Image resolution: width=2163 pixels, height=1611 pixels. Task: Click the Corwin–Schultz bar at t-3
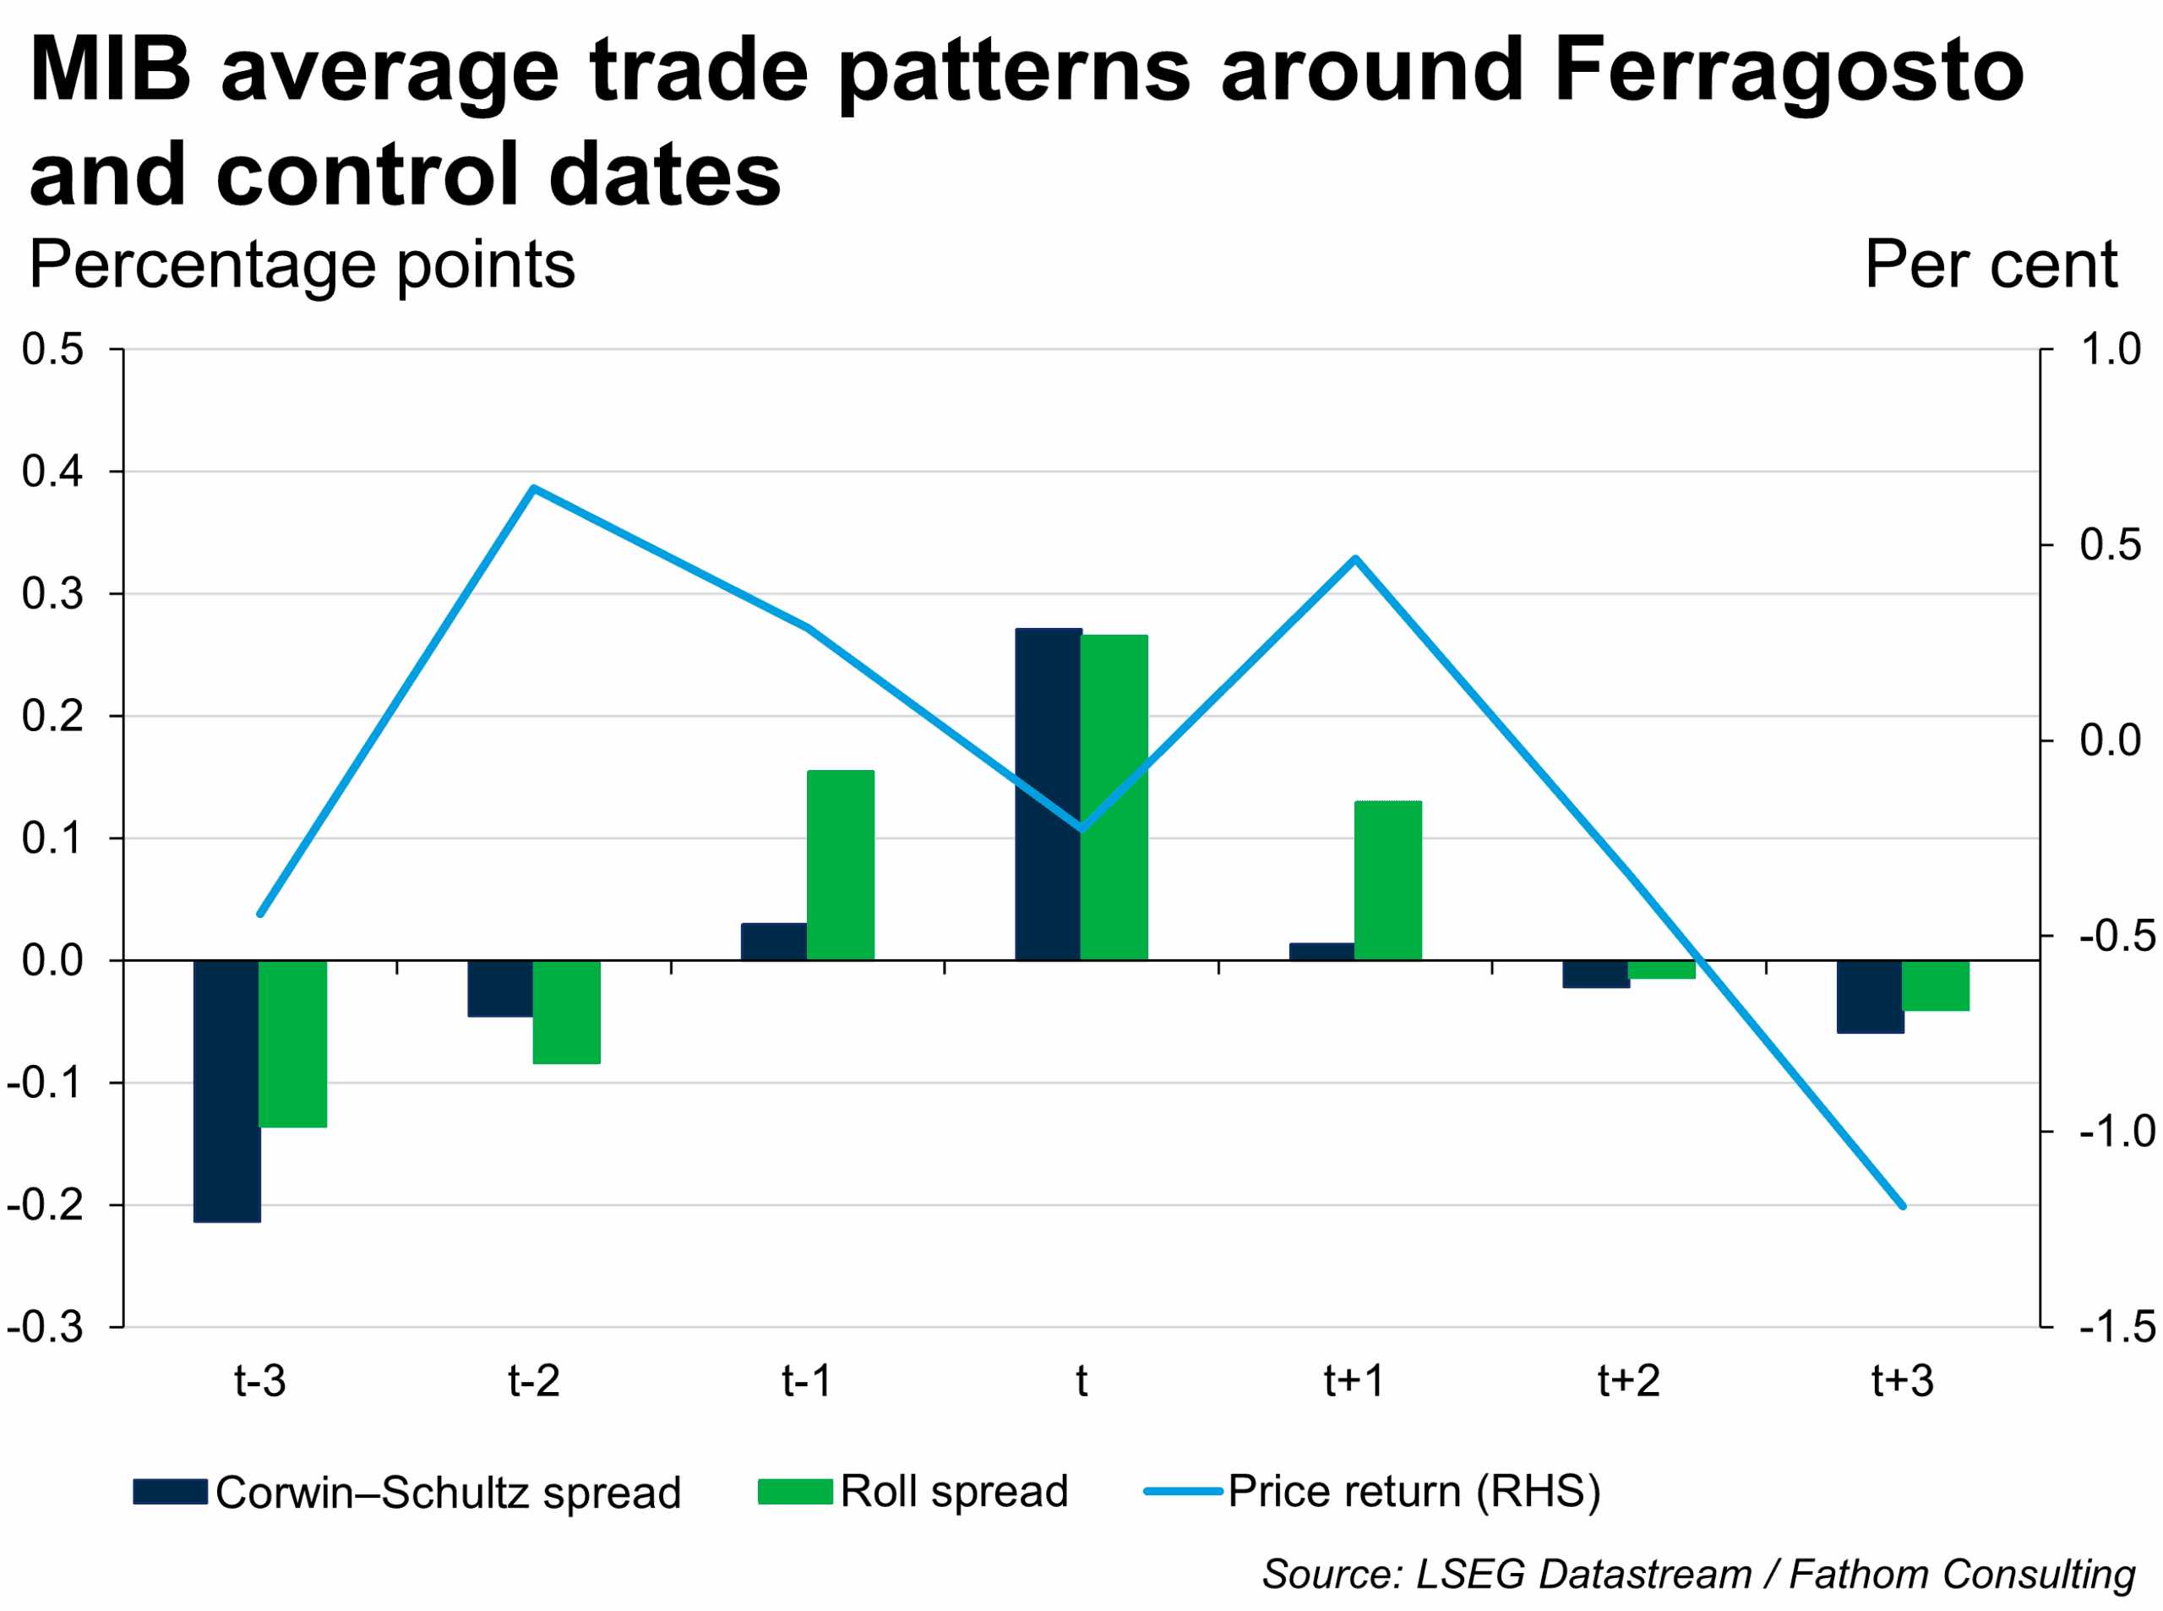tap(227, 1090)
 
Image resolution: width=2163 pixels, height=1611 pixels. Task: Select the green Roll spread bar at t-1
tap(840, 865)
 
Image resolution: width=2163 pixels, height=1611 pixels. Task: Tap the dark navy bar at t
tap(1048, 795)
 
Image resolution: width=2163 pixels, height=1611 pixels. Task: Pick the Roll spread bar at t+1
tap(1388, 881)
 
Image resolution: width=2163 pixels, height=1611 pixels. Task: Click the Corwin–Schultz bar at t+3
tap(1870, 997)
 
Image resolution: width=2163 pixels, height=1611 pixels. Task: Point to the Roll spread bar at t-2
tap(566, 1013)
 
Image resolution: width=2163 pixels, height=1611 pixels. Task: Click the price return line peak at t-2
tap(534, 489)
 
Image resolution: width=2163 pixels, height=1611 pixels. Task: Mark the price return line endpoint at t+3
tap(1903, 1206)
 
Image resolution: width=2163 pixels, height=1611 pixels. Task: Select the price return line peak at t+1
tap(1355, 560)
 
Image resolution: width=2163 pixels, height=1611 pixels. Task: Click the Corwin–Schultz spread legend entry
tap(410, 1493)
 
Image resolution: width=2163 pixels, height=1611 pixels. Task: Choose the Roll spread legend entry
tap(914, 1492)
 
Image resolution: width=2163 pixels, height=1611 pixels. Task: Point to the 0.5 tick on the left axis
tap(52, 350)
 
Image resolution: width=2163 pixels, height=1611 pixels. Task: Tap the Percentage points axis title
tap(302, 265)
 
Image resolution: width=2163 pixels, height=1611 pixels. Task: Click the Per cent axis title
tap(1991, 265)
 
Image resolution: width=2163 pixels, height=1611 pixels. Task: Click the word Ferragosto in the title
tap(1789, 70)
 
